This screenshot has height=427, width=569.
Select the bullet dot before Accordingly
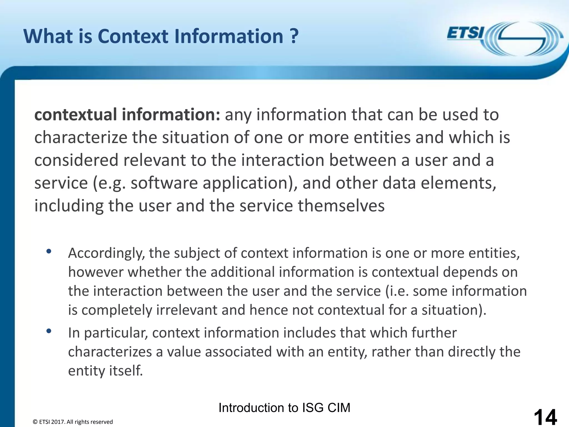coord(49,251)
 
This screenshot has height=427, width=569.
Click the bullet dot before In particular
coord(49,331)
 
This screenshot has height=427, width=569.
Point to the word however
coord(96,272)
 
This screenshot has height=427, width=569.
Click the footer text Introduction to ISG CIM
coord(284,408)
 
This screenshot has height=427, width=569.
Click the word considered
coord(76,160)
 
